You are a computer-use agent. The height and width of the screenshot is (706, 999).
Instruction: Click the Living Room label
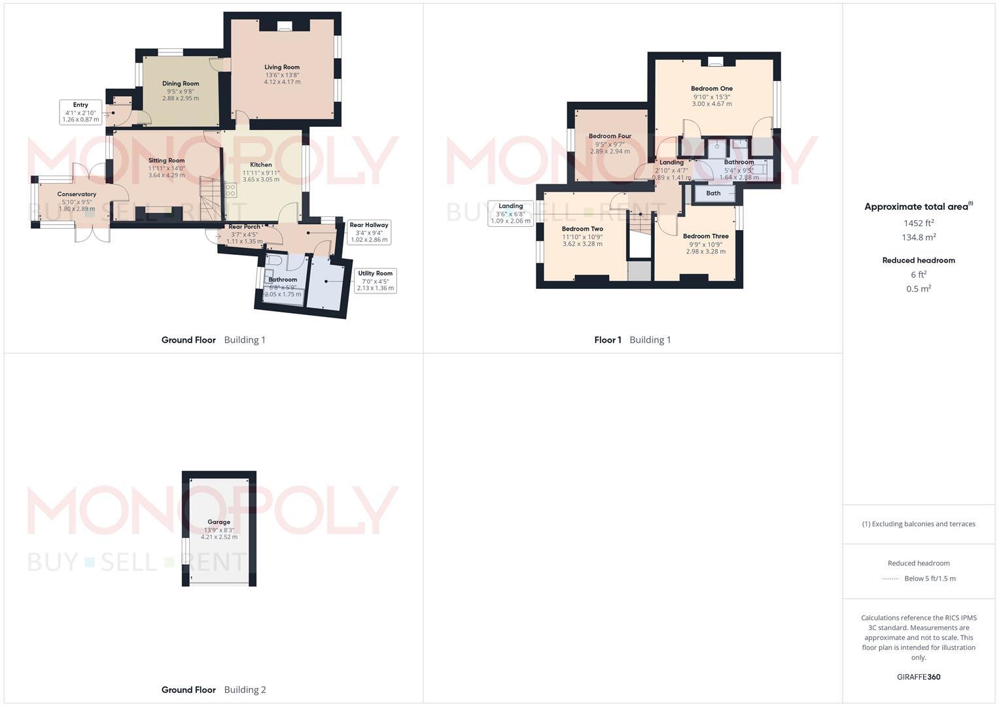pyautogui.click(x=282, y=67)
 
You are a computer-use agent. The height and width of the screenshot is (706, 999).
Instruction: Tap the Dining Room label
pyautogui.click(x=181, y=84)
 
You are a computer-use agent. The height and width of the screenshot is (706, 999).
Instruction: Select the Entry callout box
pyautogui.click(x=80, y=112)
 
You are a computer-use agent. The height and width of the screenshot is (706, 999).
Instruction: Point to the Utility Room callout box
pyautogui.click(x=375, y=281)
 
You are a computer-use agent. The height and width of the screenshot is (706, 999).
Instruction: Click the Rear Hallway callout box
pyautogui.click(x=368, y=232)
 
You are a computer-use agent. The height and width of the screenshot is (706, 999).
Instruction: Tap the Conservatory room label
pyautogui.click(x=77, y=194)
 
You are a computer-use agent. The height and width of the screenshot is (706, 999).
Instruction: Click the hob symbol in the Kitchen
pyautogui.click(x=230, y=190)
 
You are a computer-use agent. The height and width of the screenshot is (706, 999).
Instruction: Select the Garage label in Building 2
pyautogui.click(x=219, y=522)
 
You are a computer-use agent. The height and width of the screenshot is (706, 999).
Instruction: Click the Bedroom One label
pyautogui.click(x=712, y=89)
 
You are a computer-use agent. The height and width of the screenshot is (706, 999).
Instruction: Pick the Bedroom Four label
pyautogui.click(x=610, y=137)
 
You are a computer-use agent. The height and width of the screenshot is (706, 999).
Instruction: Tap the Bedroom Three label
pyautogui.click(x=705, y=237)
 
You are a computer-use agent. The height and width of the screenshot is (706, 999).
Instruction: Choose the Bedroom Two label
pyautogui.click(x=582, y=229)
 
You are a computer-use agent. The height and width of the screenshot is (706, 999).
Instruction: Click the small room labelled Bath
pyautogui.click(x=713, y=193)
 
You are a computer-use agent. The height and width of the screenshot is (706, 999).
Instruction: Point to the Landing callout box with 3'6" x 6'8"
pyautogui.click(x=510, y=214)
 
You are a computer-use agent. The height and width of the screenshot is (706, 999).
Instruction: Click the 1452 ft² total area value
pyautogui.click(x=919, y=224)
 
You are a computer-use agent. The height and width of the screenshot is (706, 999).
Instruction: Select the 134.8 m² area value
pyautogui.click(x=919, y=238)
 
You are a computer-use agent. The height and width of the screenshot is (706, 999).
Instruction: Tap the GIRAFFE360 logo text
pyautogui.click(x=919, y=677)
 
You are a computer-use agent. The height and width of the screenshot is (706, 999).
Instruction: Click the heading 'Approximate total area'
pyautogui.click(x=916, y=207)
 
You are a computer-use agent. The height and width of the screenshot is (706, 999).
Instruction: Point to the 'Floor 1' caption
pyautogui.click(x=608, y=340)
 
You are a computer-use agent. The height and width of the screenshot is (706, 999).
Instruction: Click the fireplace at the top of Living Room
pyautogui.click(x=285, y=26)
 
